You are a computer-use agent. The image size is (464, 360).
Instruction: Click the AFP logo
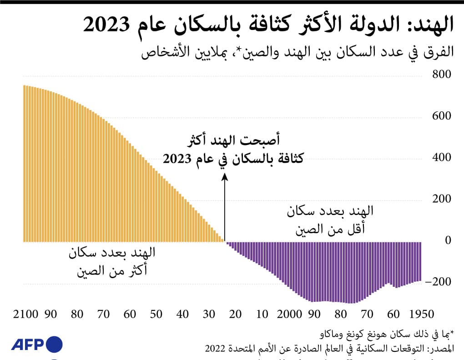click(37, 343)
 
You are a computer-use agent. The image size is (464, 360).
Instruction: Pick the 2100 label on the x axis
click(25, 314)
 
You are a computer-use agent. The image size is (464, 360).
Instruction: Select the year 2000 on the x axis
click(290, 314)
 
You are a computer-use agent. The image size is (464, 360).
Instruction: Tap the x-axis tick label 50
click(156, 314)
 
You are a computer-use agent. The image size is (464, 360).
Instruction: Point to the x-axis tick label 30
click(209, 314)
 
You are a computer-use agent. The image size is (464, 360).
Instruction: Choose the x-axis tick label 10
click(262, 314)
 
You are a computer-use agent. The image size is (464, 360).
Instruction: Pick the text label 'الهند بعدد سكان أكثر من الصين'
click(112, 262)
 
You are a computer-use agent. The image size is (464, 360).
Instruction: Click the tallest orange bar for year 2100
click(25, 164)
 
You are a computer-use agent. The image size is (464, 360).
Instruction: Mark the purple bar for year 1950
click(420, 262)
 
